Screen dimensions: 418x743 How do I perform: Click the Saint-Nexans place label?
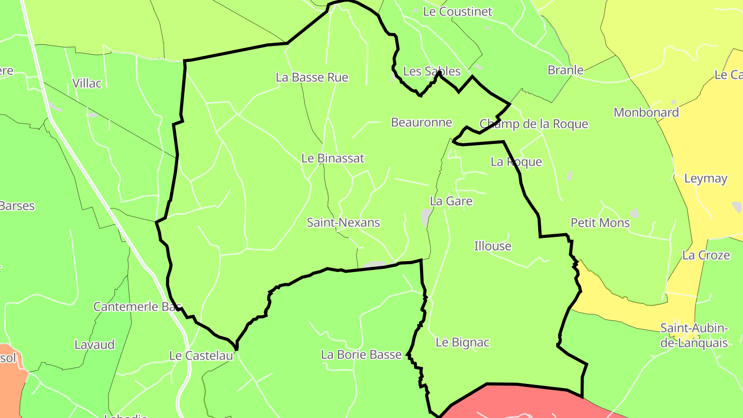coord(343,222)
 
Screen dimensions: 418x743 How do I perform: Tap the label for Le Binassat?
coord(333,158)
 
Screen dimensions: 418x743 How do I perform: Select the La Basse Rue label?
coord(312,77)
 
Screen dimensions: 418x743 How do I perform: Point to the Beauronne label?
coord(422,122)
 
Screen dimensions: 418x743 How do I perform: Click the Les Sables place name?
coord(425,71)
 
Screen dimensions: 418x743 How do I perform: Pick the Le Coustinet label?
coord(458,11)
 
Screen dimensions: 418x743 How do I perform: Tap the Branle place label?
coord(566,70)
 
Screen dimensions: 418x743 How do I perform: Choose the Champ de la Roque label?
coord(534,124)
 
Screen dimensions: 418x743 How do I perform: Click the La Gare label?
coord(451,201)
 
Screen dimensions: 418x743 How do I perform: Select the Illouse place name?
coord(493,246)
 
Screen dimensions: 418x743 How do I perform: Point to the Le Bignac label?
coord(462,342)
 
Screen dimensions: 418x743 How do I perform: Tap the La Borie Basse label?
coord(361,355)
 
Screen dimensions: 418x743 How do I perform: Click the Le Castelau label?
coord(201,356)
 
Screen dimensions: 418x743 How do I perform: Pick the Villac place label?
coord(87,83)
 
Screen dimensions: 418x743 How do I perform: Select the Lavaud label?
coord(94,345)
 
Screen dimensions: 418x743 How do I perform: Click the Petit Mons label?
coord(600,223)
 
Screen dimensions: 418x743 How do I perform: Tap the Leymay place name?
coord(705,179)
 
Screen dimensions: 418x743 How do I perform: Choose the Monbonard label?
coord(646,112)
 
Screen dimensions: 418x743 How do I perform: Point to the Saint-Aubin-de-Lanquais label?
coord(694,335)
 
